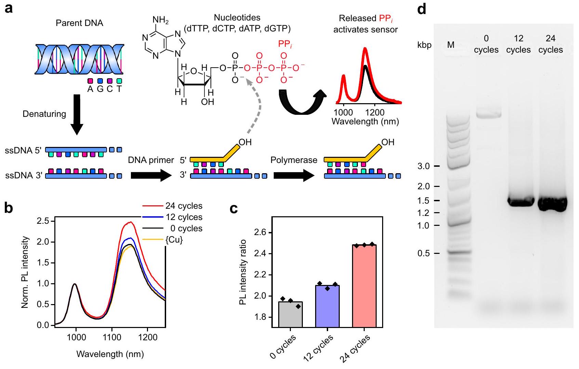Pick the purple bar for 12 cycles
click(x=327, y=306)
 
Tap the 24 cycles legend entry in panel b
click(x=184, y=206)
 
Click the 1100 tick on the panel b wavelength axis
click(x=112, y=337)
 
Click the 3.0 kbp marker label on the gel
click(x=423, y=166)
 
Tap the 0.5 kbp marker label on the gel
click(x=423, y=253)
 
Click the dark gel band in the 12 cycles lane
click(x=521, y=202)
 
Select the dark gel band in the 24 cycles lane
click(x=552, y=204)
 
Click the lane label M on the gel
click(x=451, y=45)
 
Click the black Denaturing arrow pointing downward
click(x=77, y=114)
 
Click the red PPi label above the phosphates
click(x=285, y=44)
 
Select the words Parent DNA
click(x=79, y=23)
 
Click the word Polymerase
click(x=294, y=160)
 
